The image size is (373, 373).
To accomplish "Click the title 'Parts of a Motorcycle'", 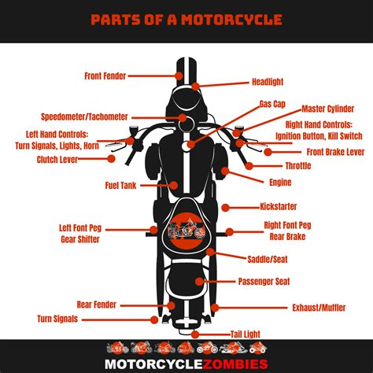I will pos(186,19).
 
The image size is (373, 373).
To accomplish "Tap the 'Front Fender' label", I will pos(104,76).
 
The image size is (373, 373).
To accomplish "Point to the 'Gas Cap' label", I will pos(272,103).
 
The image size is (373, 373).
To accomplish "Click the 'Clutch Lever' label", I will pos(57,159).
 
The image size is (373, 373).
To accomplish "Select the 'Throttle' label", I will pos(297,166).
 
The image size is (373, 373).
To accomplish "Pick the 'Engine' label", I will pos(280,183).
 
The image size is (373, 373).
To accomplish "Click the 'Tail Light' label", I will pos(246,334).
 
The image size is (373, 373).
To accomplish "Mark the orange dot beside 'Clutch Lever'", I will pos(112,159).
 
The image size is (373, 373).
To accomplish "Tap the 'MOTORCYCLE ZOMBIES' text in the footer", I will pos(186,363).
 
